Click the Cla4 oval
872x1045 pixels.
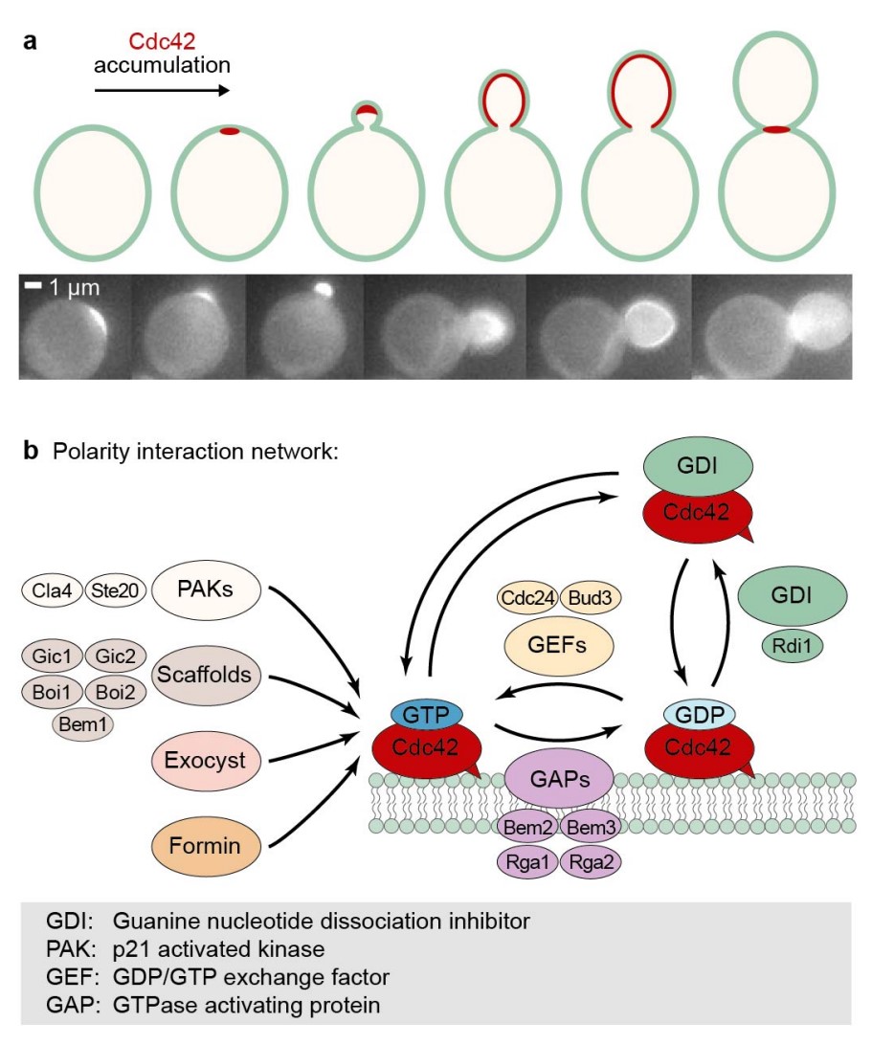[x=53, y=591]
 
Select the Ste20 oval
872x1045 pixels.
[x=115, y=591]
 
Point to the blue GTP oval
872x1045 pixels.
[x=426, y=714]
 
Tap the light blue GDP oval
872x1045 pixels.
[x=699, y=715]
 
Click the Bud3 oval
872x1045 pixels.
[x=590, y=598]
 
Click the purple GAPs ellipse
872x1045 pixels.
[x=559, y=776]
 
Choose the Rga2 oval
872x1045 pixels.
[x=591, y=860]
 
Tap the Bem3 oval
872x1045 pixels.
[x=592, y=826]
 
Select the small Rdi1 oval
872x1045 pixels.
[x=791, y=646]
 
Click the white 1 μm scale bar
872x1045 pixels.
[x=30, y=285]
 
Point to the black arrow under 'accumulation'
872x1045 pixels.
[x=161, y=91]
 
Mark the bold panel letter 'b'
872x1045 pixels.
[x=31, y=451]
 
